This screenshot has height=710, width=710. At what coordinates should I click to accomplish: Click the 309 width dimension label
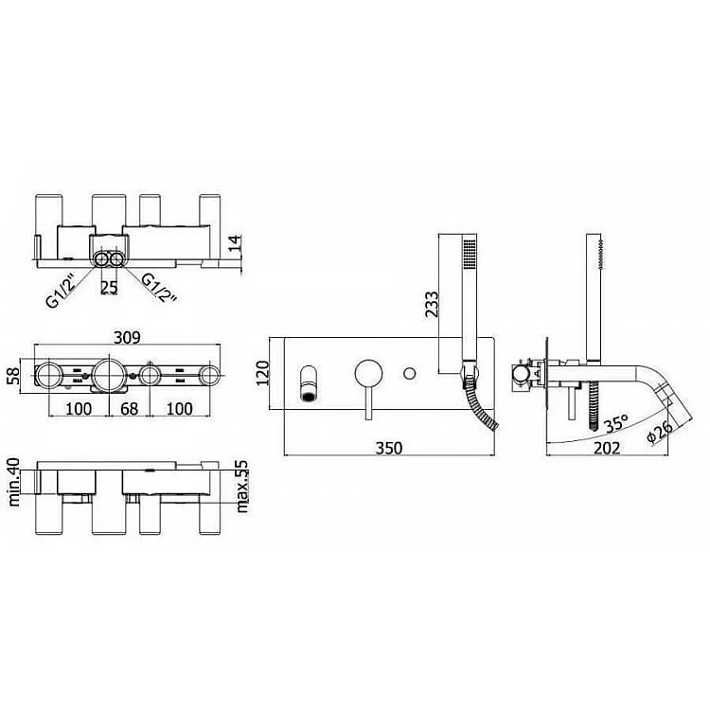click(x=127, y=337)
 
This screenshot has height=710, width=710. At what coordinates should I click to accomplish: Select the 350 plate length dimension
click(x=389, y=448)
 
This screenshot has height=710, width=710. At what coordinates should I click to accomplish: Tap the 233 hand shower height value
click(x=432, y=304)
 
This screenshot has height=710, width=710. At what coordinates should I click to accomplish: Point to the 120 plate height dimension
click(x=262, y=373)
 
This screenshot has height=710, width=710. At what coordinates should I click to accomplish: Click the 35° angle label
click(x=616, y=424)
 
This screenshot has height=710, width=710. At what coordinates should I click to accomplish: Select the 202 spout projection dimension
click(x=606, y=448)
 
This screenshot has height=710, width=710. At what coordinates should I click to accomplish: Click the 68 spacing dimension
click(x=129, y=409)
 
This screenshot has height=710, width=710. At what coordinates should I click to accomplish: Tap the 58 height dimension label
click(x=13, y=376)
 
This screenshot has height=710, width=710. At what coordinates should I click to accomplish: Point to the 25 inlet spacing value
click(x=109, y=288)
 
